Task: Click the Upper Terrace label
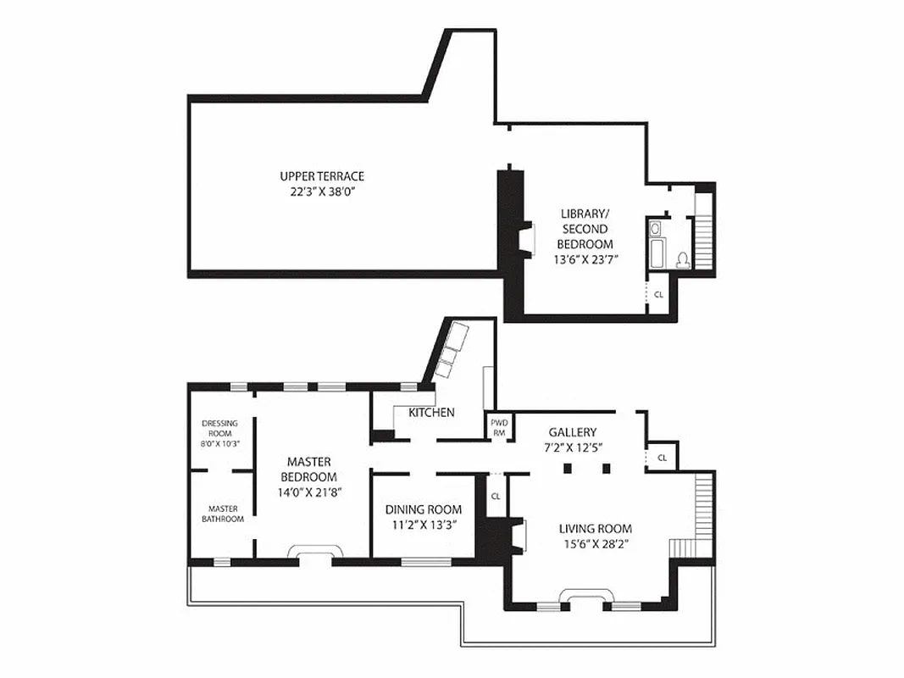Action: pos(322,176)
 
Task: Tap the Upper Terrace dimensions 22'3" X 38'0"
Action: pos(322,192)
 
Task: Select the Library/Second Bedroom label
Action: pos(585,229)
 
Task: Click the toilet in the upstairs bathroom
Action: pos(683,259)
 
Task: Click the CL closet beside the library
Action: pos(658,295)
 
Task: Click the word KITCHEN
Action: pos(431,413)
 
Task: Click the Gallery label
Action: pos(572,431)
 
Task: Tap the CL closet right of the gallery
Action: pos(663,458)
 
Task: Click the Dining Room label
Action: pos(424,509)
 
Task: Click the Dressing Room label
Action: pos(219,428)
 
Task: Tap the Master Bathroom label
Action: pos(222,514)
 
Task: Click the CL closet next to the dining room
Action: pos(496,497)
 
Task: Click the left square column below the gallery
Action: pos(567,468)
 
